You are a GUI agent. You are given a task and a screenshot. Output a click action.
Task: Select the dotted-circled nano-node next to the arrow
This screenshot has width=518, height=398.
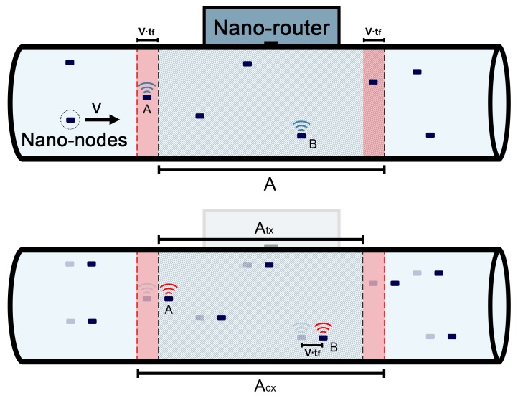click(70, 118)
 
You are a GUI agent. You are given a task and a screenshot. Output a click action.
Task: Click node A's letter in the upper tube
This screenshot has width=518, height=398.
click(146, 110)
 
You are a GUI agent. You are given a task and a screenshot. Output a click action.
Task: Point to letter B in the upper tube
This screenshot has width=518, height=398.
click(312, 144)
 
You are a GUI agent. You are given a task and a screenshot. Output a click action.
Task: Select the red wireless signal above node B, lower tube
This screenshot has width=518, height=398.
click(324, 328)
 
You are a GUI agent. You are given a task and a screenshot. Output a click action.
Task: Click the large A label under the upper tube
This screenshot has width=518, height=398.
click(270, 185)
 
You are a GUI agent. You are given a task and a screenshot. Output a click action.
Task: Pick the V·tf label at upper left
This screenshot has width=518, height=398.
click(148, 32)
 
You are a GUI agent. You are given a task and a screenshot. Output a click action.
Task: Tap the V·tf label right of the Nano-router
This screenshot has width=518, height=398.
click(374, 32)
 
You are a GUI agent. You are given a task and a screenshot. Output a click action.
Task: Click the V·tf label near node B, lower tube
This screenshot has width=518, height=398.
click(312, 354)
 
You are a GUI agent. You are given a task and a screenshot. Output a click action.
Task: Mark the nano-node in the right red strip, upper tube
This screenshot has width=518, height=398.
click(373, 82)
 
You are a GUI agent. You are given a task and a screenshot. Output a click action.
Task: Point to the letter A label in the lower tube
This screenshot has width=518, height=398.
click(169, 311)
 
